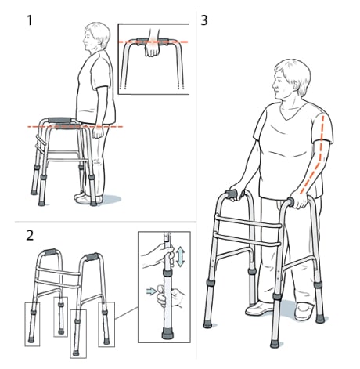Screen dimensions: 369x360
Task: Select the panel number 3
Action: (x=206, y=18)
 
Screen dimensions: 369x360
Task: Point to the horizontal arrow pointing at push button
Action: (x=151, y=292)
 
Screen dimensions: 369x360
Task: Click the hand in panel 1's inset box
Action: (x=151, y=49)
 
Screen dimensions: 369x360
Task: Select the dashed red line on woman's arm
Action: (x=319, y=153)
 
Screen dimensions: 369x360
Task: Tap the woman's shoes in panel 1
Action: (x=88, y=198)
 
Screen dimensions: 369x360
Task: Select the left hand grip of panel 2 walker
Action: (x=49, y=255)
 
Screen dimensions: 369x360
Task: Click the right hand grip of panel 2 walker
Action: (x=92, y=258)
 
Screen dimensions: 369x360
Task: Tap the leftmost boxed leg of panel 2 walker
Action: (x=34, y=324)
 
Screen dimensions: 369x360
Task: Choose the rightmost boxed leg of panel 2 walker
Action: (x=106, y=324)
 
